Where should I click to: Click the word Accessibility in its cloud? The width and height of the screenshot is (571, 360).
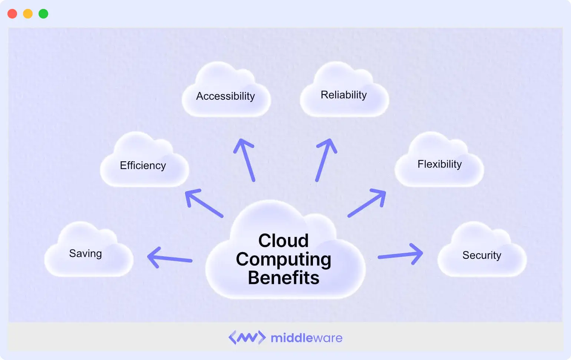(x=225, y=96)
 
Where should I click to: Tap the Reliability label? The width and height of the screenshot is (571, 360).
(x=344, y=95)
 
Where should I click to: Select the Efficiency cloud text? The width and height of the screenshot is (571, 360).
(x=143, y=165)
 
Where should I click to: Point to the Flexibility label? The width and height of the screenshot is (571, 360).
(x=439, y=164)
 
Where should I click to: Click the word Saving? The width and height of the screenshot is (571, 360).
(x=85, y=254)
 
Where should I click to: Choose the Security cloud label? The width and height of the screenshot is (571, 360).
(x=482, y=255)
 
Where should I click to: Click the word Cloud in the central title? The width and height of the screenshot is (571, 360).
(x=283, y=241)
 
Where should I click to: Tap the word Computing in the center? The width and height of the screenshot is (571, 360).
(x=283, y=259)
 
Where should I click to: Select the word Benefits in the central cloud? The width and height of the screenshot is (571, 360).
(x=283, y=278)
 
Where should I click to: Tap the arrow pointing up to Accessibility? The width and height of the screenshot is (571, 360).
(x=245, y=160)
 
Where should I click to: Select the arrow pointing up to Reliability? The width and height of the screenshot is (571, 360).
(x=326, y=160)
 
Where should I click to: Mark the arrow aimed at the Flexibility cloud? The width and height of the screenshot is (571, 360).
(x=367, y=203)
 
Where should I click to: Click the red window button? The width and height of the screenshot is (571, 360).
(x=12, y=14)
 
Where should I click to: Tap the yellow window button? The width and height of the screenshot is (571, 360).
(x=28, y=14)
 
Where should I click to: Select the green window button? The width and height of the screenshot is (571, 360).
(x=43, y=14)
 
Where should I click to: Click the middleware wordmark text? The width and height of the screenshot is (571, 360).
(x=306, y=338)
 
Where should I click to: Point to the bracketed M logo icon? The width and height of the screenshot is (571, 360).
(x=247, y=337)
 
